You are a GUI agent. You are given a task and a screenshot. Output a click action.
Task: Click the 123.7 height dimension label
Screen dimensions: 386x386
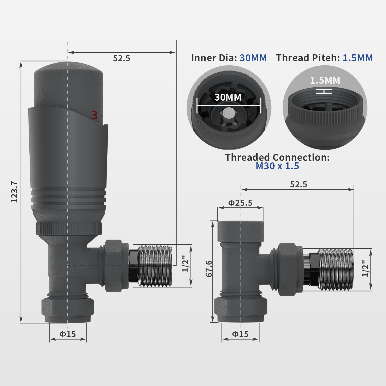click(14, 192)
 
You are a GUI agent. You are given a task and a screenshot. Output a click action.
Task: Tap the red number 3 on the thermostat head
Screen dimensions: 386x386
click(94, 115)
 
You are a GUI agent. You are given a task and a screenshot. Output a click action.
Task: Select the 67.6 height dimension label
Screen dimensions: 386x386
click(209, 268)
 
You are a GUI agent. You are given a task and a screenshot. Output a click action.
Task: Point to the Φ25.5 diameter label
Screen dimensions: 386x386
click(240, 203)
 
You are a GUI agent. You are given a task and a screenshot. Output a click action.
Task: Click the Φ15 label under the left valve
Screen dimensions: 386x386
click(68, 334)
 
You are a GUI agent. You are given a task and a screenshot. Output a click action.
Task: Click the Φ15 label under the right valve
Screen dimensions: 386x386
click(240, 334)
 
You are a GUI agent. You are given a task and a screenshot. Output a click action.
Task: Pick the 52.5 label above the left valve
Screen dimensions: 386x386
click(121, 58)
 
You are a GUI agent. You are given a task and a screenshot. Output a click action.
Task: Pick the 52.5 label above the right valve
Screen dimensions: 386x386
click(299, 185)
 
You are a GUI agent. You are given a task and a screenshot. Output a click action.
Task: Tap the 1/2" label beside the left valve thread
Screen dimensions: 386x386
click(185, 264)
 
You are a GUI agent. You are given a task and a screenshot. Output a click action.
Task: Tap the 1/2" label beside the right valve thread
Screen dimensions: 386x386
click(365, 269)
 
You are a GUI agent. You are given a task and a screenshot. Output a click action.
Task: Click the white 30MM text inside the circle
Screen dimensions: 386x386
click(228, 97)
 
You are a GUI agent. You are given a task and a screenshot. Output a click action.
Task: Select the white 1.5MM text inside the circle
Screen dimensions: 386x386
click(325, 80)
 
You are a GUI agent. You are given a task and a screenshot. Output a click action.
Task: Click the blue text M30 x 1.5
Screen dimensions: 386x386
click(277, 166)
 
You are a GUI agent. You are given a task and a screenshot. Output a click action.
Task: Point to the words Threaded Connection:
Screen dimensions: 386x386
click(277, 157)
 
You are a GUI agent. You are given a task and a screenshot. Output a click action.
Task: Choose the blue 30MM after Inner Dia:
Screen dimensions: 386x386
click(253, 58)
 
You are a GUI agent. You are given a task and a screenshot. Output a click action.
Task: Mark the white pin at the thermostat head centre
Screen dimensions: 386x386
click(228, 113)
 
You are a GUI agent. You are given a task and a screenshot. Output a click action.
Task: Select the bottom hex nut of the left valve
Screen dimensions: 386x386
click(68, 310)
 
